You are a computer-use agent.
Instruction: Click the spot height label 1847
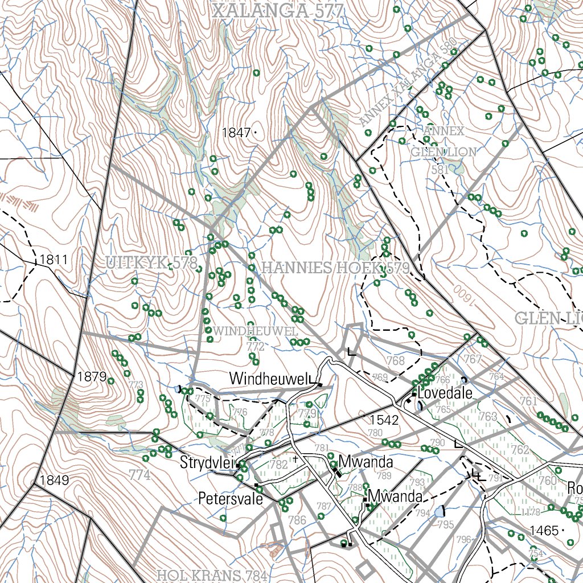coord(236,133)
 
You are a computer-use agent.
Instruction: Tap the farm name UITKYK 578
coord(151,263)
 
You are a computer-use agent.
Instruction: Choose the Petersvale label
coord(230,499)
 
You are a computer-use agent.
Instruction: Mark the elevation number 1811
coord(54,260)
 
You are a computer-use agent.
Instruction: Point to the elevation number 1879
coord(92,377)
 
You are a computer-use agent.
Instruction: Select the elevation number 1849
coord(54,480)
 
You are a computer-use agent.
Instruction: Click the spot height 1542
coord(384,420)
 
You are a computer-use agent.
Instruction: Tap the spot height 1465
coord(544,531)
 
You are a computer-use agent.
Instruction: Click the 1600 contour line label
coord(465,292)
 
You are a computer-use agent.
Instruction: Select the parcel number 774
coord(140,474)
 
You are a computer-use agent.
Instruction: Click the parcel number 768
coord(396,360)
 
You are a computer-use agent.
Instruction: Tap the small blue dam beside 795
coord(439,512)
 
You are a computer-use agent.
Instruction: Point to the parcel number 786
coord(297,520)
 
